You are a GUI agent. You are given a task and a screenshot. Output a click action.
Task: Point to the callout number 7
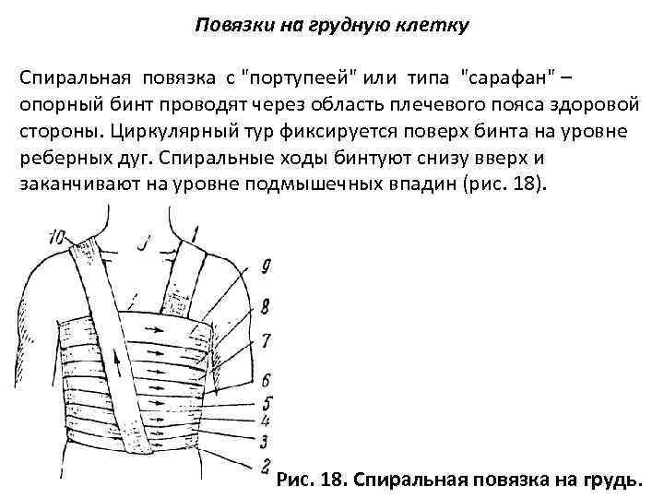(266, 340)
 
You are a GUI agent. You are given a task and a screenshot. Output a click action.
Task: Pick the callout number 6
(266, 378)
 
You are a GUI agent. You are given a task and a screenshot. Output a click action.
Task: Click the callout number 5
(266, 402)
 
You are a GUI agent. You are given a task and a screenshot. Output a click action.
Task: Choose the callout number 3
(265, 441)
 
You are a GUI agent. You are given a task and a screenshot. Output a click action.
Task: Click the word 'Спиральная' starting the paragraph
(71, 77)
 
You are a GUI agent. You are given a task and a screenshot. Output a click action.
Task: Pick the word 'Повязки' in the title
(230, 25)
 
